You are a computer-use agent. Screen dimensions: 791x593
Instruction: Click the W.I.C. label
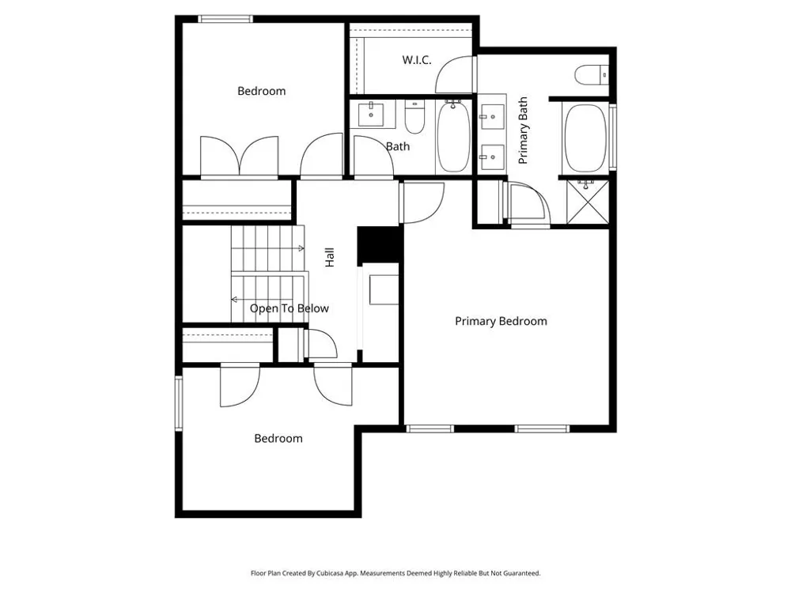click(x=417, y=60)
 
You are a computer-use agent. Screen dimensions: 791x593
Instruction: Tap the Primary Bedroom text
click(x=501, y=321)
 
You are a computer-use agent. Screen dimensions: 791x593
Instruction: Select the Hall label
click(x=329, y=257)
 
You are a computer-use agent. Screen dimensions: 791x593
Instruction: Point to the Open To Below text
click(x=289, y=308)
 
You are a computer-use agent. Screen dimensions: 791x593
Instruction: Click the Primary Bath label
click(x=523, y=130)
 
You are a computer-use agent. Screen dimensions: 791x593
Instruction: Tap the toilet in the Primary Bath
click(x=591, y=75)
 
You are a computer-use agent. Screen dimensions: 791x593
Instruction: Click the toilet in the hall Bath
click(x=414, y=117)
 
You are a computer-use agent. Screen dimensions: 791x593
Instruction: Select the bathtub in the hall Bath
click(x=453, y=136)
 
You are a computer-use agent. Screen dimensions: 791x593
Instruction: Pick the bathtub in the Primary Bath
click(x=585, y=138)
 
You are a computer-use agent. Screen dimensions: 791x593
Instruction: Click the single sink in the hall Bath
click(x=371, y=115)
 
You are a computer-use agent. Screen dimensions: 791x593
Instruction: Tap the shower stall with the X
click(x=588, y=202)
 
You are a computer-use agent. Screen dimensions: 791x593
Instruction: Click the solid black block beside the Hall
click(x=378, y=245)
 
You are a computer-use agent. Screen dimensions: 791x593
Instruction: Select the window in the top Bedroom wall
click(x=225, y=19)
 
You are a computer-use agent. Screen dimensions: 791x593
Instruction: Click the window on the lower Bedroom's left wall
click(x=179, y=403)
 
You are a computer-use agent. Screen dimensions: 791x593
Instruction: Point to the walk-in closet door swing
click(x=456, y=74)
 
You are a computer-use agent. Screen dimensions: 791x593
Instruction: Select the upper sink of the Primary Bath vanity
click(x=492, y=117)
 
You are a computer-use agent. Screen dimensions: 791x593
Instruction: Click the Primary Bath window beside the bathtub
click(x=613, y=136)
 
